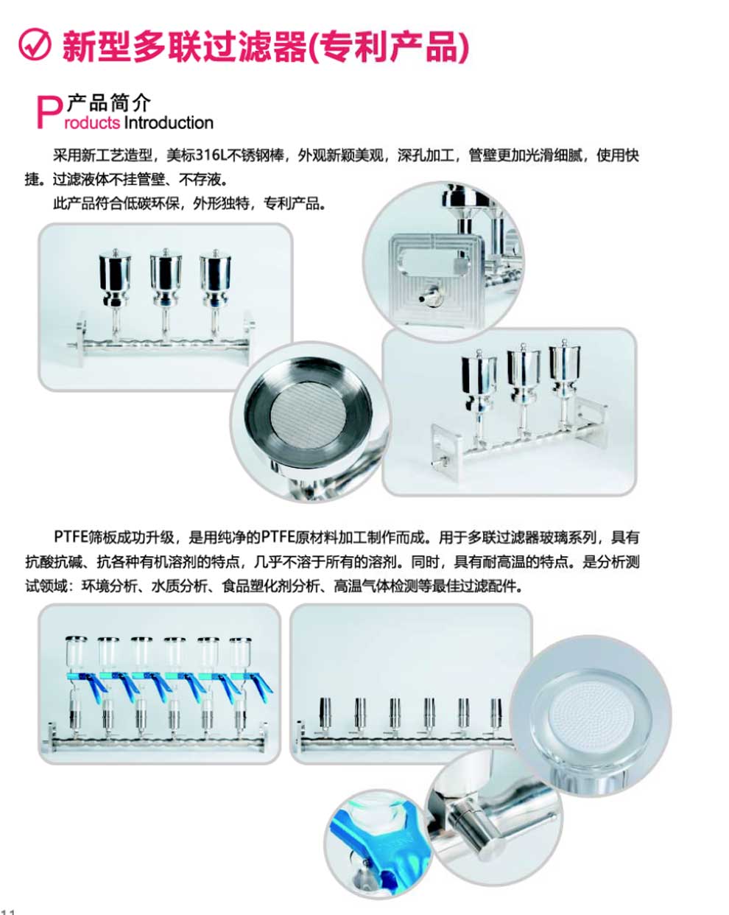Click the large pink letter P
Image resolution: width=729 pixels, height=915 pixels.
click(x=49, y=112)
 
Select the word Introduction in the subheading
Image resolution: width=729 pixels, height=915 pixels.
click(x=169, y=122)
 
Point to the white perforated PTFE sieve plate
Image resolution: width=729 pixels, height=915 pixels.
click(x=588, y=712)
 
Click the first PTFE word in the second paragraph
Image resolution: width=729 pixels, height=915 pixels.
click(x=70, y=537)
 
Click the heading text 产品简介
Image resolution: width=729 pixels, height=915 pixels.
click(x=108, y=102)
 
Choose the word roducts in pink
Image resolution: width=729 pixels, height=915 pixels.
click(x=92, y=123)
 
